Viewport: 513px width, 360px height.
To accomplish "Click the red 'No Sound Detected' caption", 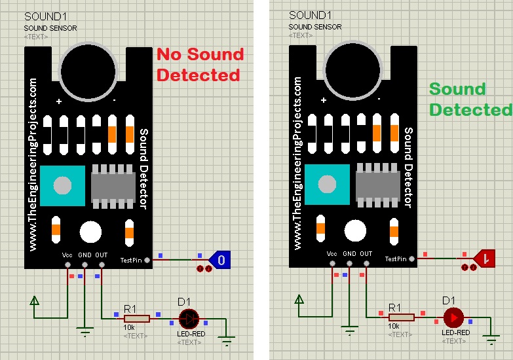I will point(200,64).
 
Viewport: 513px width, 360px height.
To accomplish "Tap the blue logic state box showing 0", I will point(222,260).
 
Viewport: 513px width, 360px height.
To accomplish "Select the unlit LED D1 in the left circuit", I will point(189,319).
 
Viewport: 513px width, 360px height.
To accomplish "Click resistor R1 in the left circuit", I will point(136,318).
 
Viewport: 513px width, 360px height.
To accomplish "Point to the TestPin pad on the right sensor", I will point(411,259).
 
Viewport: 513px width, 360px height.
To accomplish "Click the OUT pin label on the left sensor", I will point(102,255).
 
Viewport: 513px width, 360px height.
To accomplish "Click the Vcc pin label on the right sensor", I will point(332,253).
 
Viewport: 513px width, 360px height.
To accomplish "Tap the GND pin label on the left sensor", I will point(85,255).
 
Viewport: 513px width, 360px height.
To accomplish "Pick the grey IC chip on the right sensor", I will point(377,185).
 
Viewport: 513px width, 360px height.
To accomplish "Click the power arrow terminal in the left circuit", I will point(35,300).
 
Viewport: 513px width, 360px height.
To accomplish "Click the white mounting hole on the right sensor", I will point(355,230).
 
